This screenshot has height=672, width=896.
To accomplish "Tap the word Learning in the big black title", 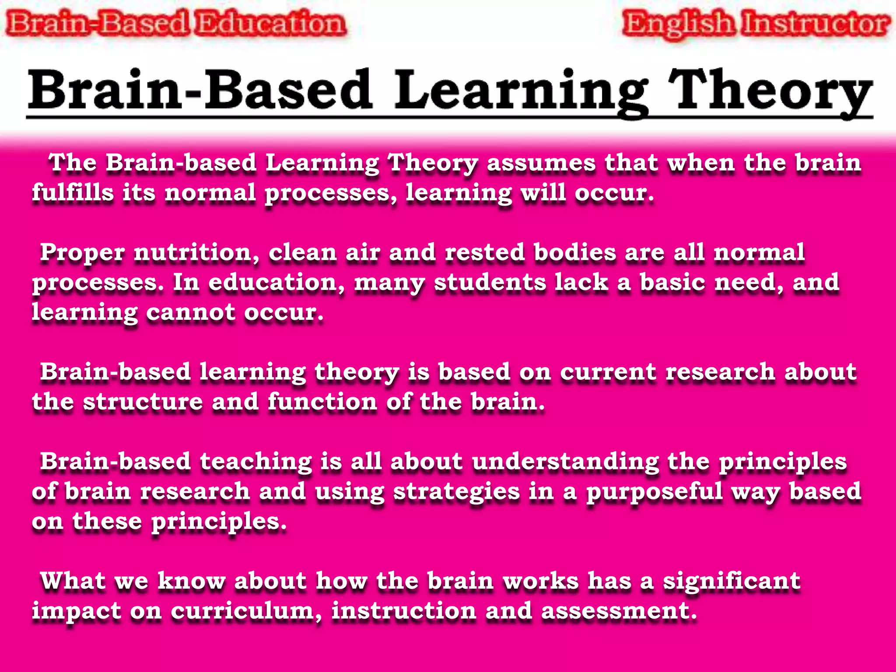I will point(521,91).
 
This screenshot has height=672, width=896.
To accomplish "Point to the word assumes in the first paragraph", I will point(541,163).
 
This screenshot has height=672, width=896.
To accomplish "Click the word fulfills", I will point(73,192).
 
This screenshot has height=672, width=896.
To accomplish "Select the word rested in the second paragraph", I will point(484,252).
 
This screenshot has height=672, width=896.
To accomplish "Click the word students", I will point(490,282).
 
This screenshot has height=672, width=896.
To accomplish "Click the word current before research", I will point(608,372).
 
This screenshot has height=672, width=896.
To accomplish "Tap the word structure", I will point(143,402).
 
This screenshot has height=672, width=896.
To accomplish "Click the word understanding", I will point(565,462).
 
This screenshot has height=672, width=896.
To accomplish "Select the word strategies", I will point(456,492).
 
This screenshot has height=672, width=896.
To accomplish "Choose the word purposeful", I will point(654,492).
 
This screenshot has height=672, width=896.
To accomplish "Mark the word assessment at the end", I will point(618,611).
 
